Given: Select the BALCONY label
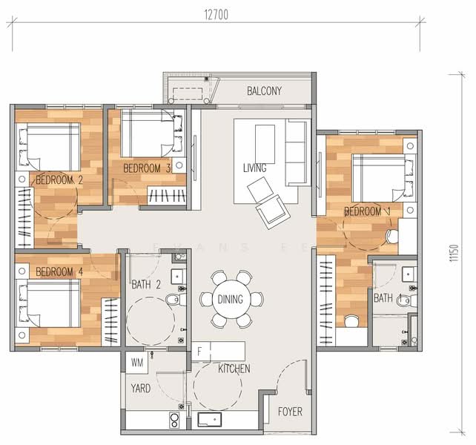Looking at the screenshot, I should [264, 91].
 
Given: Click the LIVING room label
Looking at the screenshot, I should [254, 168].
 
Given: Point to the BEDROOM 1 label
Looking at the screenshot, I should [367, 212].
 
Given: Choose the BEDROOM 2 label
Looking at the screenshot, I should [59, 179].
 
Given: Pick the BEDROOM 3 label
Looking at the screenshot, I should [147, 168].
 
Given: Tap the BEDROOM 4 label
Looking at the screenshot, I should [59, 271].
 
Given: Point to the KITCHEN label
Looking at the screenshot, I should [234, 369].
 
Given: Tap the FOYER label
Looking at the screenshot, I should [289, 412].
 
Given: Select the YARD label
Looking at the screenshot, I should [142, 387].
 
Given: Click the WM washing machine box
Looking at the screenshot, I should [136, 363].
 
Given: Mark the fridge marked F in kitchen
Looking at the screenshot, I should [200, 350].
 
